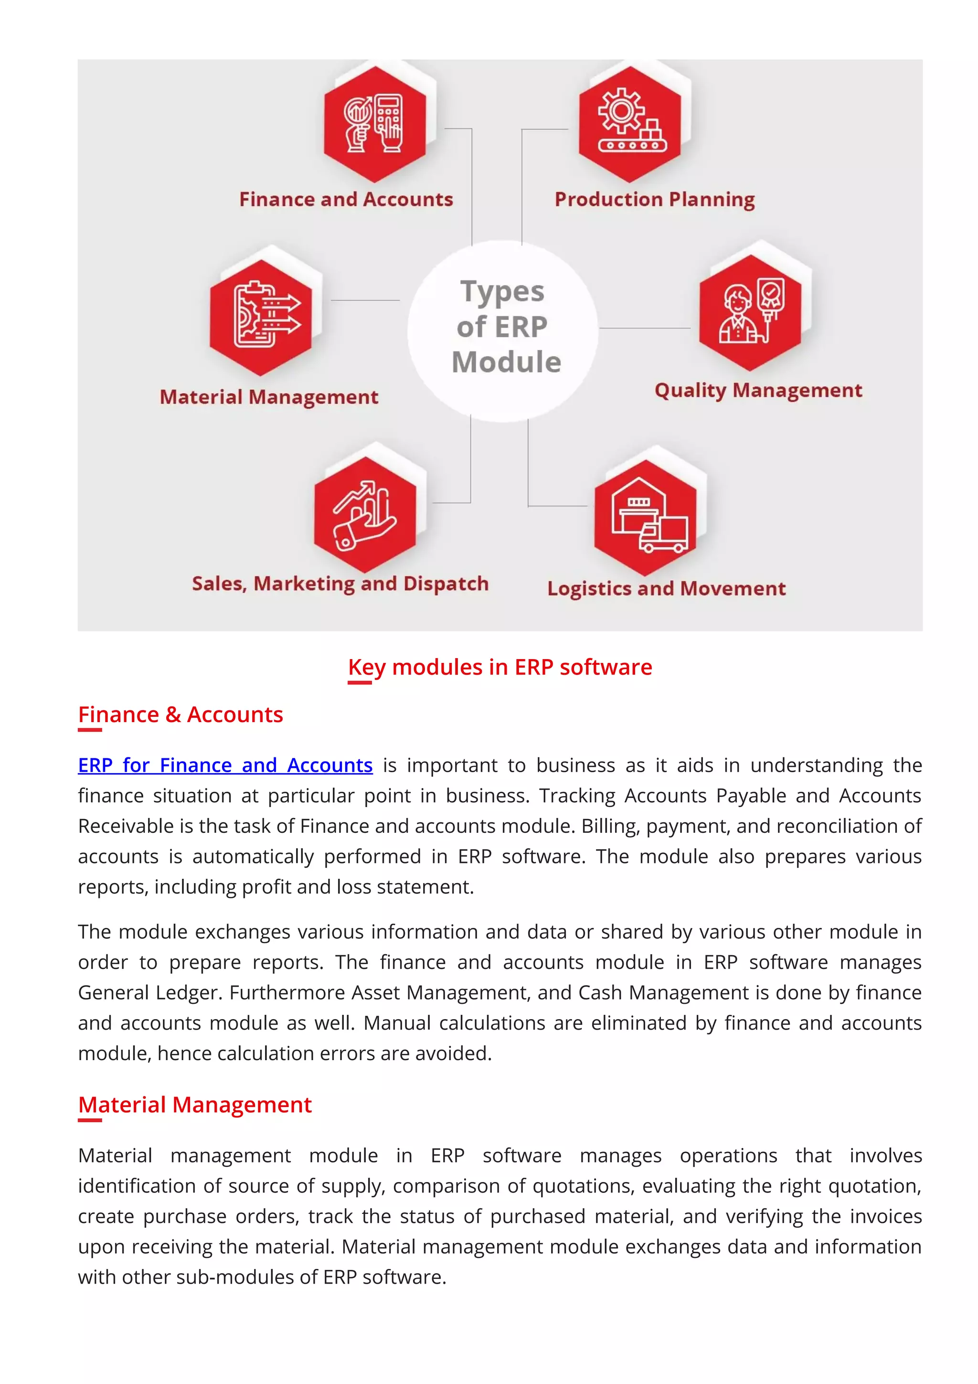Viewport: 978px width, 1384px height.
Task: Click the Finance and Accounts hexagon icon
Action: point(374,124)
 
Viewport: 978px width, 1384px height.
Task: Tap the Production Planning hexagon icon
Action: point(630,124)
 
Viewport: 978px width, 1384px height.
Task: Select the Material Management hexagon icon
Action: point(261,318)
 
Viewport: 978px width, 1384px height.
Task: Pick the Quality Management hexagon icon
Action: point(750,313)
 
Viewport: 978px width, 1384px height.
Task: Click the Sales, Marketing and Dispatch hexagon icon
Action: point(365,514)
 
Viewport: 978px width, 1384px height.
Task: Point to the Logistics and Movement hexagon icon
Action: point(645,518)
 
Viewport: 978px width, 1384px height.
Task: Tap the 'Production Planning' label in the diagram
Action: point(654,199)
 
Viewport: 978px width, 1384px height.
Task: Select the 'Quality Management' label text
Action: point(758,391)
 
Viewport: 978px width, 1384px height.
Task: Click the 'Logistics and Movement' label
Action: point(666,588)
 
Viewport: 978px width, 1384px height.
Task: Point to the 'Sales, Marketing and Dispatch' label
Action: point(340,584)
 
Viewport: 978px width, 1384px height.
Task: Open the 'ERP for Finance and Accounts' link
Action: point(225,765)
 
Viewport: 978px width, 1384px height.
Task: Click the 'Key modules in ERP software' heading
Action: point(500,667)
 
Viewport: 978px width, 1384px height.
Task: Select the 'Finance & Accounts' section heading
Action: point(180,715)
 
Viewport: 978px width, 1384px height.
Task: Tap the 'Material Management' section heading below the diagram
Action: point(195,1105)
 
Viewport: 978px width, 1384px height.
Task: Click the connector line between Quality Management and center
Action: point(645,329)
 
